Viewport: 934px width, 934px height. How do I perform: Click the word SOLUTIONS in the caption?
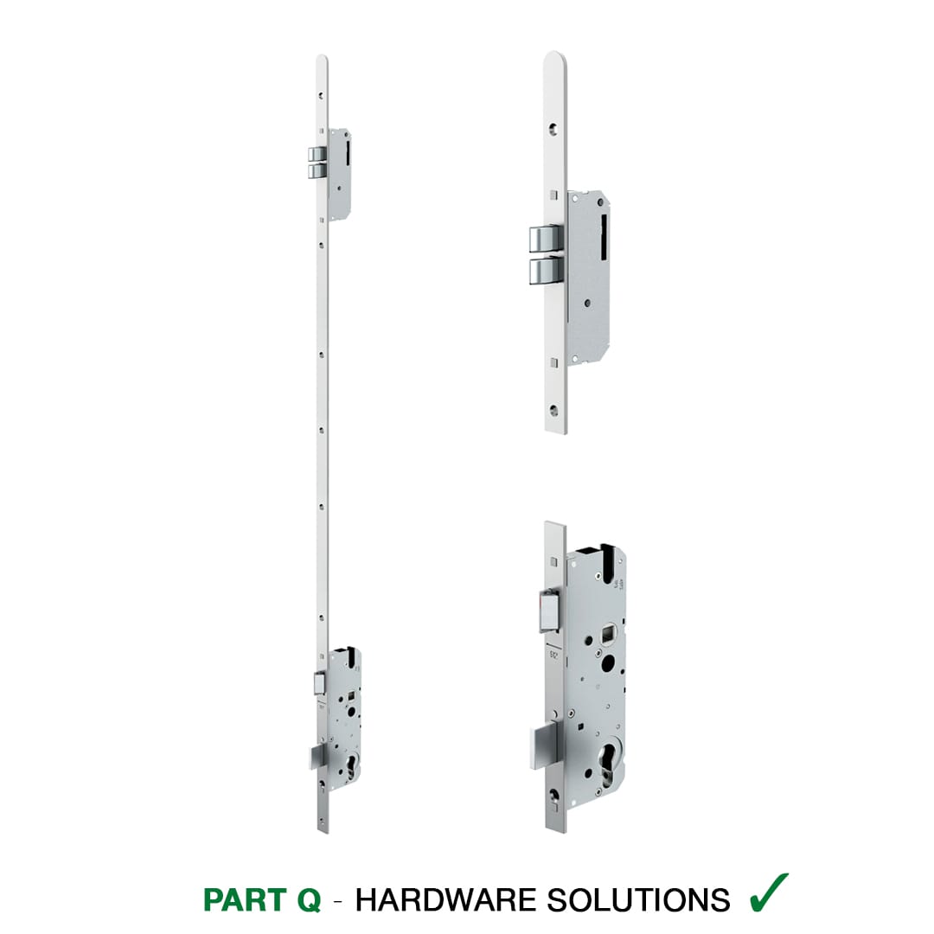[638, 899]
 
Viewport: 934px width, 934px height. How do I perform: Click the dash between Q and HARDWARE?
[338, 900]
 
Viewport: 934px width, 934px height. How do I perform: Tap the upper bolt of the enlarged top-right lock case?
[546, 239]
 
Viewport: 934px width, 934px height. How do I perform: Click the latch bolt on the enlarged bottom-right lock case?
[548, 610]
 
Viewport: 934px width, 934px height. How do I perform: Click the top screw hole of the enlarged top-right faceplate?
[554, 128]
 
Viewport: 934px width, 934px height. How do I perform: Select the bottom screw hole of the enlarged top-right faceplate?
[554, 410]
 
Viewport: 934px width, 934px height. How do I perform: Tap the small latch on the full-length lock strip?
[318, 682]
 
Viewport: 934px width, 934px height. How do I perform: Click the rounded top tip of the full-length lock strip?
[322, 56]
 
